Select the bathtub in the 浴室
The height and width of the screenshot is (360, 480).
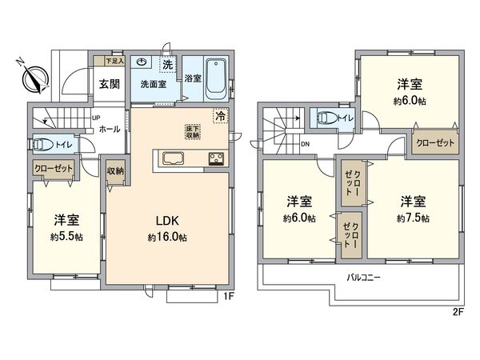(216, 78)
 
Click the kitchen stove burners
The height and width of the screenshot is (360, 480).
(217, 157)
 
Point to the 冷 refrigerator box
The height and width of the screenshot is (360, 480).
(219, 115)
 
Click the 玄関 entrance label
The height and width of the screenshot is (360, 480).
(109, 83)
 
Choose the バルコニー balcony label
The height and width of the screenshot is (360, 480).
(363, 278)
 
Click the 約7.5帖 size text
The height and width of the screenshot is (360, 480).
(414, 217)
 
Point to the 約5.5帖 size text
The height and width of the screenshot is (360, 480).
(66, 237)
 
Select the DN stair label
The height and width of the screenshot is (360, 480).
(306, 145)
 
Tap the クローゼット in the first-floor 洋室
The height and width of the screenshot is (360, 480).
(53, 169)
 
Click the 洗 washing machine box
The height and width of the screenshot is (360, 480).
(168, 63)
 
